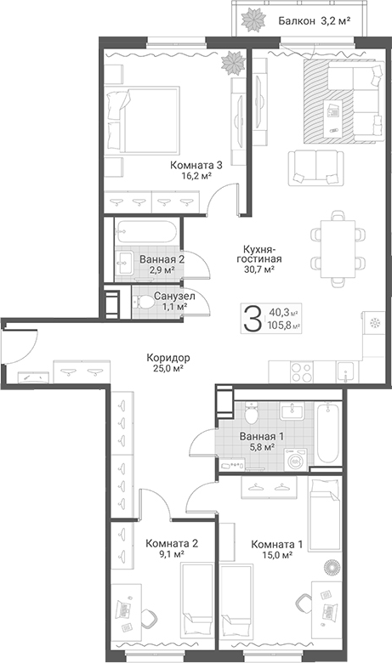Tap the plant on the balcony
click(253, 18)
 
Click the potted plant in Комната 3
click(233, 63)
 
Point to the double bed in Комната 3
click(141, 119)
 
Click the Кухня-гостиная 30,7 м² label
click(259, 258)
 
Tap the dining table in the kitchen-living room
click(338, 248)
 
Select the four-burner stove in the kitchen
click(302, 371)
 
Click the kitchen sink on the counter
click(347, 371)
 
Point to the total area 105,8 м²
click(283, 326)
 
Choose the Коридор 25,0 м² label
click(168, 363)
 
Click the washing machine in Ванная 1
click(297, 459)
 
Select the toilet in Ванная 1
click(251, 414)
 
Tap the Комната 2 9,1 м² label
click(172, 548)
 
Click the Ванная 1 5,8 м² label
click(261, 440)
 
